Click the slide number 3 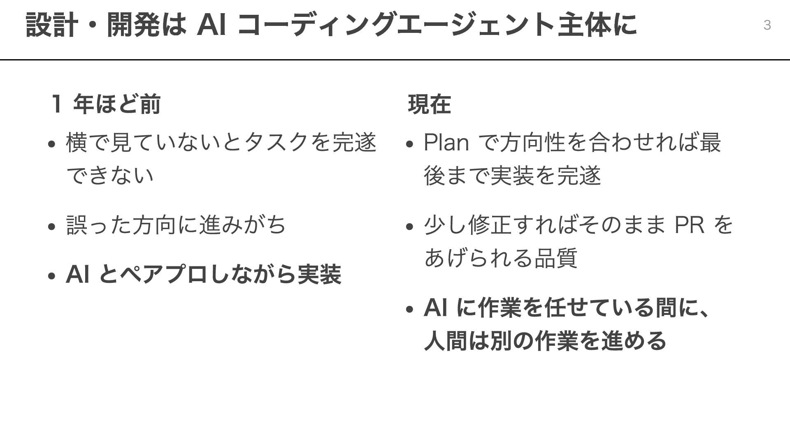[x=767, y=25]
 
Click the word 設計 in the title [x=51, y=25]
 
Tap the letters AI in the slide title [x=211, y=25]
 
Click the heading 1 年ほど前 [x=106, y=104]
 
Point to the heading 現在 [x=430, y=104]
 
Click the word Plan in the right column [x=446, y=143]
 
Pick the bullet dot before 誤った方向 [x=51, y=227]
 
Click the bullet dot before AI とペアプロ [x=51, y=276]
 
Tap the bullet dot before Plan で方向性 [x=409, y=144]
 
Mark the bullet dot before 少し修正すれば [x=409, y=227]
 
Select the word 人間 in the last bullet [x=446, y=341]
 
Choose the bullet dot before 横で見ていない [x=51, y=144]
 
